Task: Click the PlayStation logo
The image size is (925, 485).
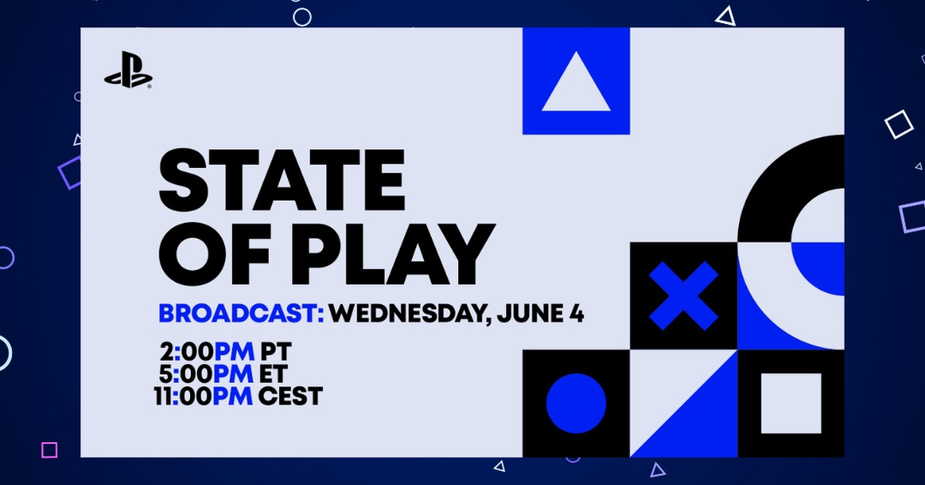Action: [x=128, y=70]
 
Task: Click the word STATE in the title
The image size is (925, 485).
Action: [x=282, y=180]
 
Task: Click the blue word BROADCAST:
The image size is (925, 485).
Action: [x=242, y=313]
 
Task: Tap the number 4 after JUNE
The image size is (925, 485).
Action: [x=576, y=313]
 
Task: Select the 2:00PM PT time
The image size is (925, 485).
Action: [x=225, y=351]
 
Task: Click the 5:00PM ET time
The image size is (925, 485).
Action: [x=223, y=374]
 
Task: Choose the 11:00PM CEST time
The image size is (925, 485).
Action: [x=238, y=395]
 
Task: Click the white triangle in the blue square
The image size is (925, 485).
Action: [x=576, y=81]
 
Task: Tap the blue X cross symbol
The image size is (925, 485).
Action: [x=683, y=296]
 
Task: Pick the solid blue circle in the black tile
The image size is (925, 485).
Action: [x=576, y=404]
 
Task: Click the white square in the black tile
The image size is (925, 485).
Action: [x=791, y=404]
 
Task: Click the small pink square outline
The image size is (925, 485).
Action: [x=50, y=450]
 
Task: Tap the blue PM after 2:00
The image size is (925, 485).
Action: [x=234, y=351]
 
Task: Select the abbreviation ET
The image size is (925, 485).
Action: [x=272, y=374]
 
